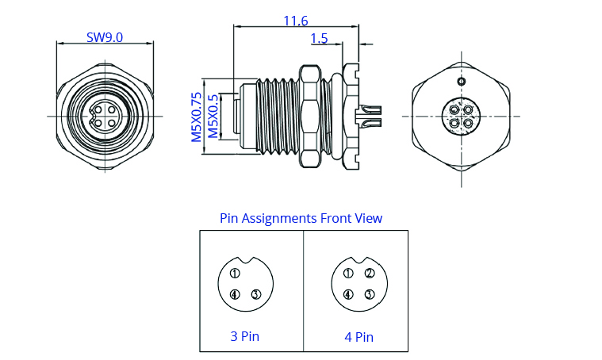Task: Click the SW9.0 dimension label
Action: pyautogui.click(x=105, y=37)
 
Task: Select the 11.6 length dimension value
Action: pyautogui.click(x=295, y=21)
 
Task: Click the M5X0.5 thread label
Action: pyautogui.click(x=213, y=116)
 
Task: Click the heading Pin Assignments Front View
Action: pyautogui.click(x=301, y=218)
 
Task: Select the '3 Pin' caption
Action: pyautogui.click(x=244, y=335)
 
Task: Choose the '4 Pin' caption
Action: pyautogui.click(x=359, y=336)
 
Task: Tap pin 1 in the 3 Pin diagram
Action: pyautogui.click(x=235, y=274)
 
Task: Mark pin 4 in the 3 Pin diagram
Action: pyautogui.click(x=235, y=295)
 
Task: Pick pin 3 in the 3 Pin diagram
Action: pyautogui.click(x=255, y=295)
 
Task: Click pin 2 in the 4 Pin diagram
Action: pyautogui.click(x=370, y=274)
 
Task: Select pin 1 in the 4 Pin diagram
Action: pyautogui.click(x=348, y=274)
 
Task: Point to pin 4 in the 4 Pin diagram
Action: pyautogui.click(x=348, y=295)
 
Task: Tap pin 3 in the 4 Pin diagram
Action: pyautogui.click(x=370, y=295)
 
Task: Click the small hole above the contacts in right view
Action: pyautogui.click(x=460, y=81)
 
